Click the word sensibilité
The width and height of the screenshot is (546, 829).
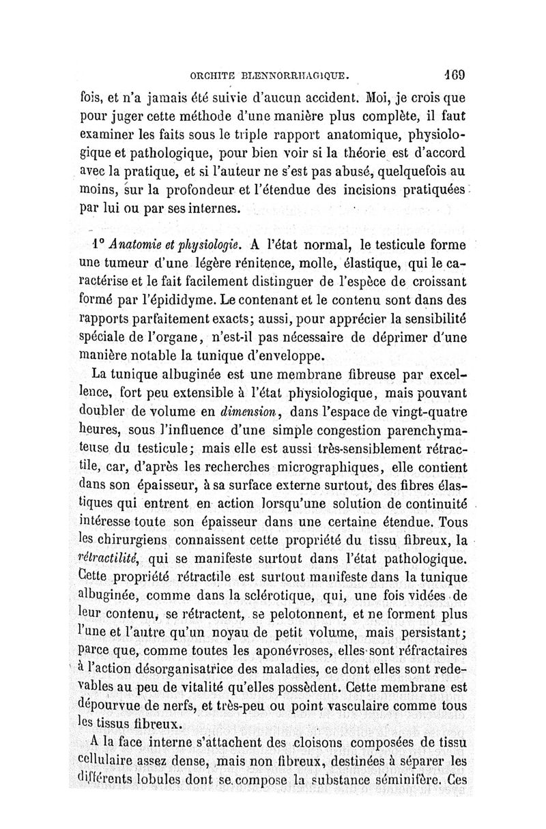tap(431, 319)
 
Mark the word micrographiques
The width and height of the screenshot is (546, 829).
tap(316, 467)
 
